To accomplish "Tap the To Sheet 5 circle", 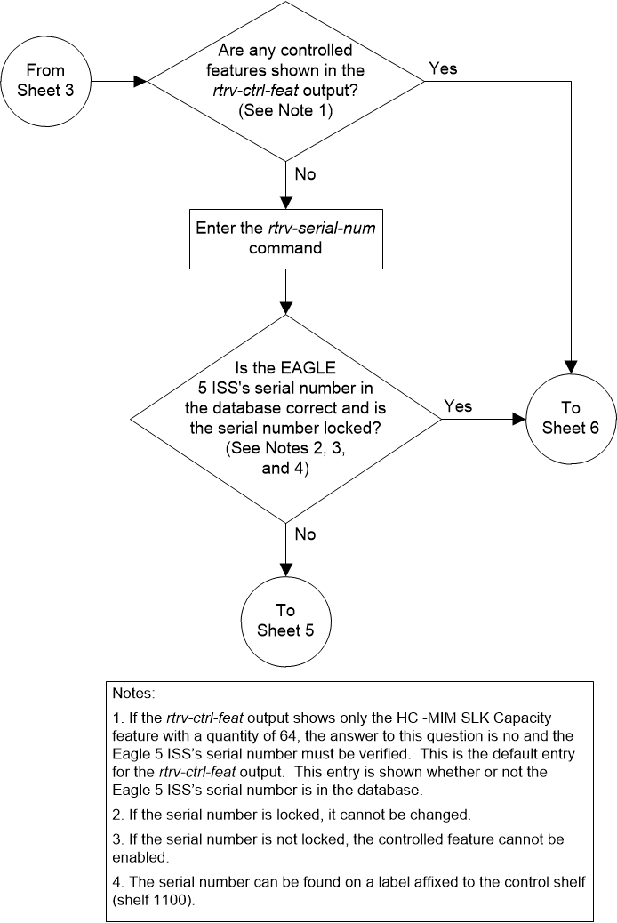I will pyautogui.click(x=285, y=620).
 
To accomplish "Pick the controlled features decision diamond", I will pyautogui.click(x=285, y=81).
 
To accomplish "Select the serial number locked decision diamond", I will pyautogui.click(x=285, y=417).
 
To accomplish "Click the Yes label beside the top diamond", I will pyautogui.click(x=444, y=68).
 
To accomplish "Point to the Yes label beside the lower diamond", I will pyautogui.click(x=458, y=405).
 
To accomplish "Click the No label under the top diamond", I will pyautogui.click(x=305, y=173).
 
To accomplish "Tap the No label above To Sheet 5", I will pyautogui.click(x=305, y=534).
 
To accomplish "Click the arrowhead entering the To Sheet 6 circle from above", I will pyautogui.click(x=571, y=366).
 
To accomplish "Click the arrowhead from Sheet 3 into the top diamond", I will pyautogui.click(x=140, y=81).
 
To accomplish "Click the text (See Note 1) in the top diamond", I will pyautogui.click(x=285, y=114).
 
